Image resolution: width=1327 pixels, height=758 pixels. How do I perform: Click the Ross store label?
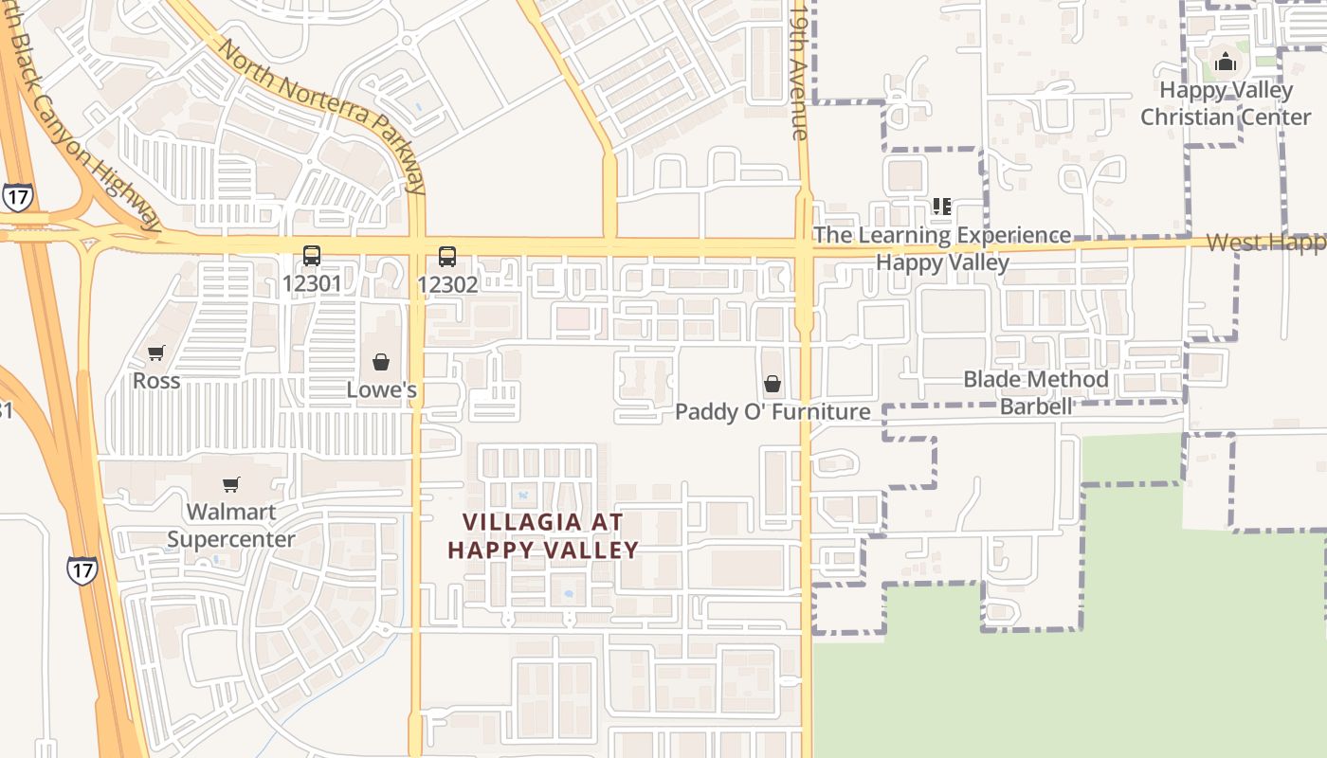(156, 381)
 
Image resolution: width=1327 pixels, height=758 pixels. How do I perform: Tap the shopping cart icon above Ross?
(156, 353)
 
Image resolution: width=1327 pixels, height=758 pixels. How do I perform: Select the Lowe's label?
(381, 389)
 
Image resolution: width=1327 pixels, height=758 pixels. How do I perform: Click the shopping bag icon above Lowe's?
(381, 362)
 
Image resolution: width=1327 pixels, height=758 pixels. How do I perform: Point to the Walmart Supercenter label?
(231, 526)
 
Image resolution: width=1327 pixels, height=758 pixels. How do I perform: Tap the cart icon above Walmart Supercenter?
(231, 485)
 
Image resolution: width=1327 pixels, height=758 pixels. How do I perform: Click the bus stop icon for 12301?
(311, 256)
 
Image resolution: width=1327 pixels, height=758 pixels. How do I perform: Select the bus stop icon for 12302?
(447, 256)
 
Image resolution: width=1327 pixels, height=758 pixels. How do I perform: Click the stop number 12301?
(311, 283)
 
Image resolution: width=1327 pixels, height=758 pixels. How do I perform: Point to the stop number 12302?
(447, 283)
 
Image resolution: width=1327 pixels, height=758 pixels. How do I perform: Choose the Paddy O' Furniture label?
(773, 412)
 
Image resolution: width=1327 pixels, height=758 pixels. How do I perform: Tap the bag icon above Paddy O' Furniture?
(773, 384)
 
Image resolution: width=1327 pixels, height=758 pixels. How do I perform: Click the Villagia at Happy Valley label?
(543, 535)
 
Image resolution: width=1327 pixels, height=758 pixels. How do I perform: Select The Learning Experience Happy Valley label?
(942, 248)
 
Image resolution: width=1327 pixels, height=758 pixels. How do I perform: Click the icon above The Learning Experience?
(941, 207)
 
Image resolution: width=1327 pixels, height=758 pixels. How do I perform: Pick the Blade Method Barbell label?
(1036, 392)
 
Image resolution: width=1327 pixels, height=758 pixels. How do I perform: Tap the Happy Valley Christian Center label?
(1226, 103)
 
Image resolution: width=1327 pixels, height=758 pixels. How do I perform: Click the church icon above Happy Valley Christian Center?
(1226, 63)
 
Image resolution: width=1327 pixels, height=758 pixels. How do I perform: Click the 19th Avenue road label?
(800, 71)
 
